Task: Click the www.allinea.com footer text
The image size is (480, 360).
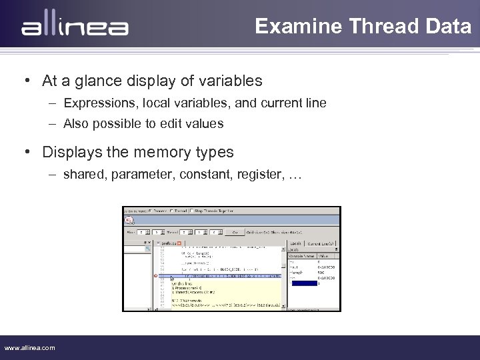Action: pos(30,347)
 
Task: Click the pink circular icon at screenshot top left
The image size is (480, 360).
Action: pos(129,220)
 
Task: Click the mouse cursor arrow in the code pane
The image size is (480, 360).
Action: pos(171,279)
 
